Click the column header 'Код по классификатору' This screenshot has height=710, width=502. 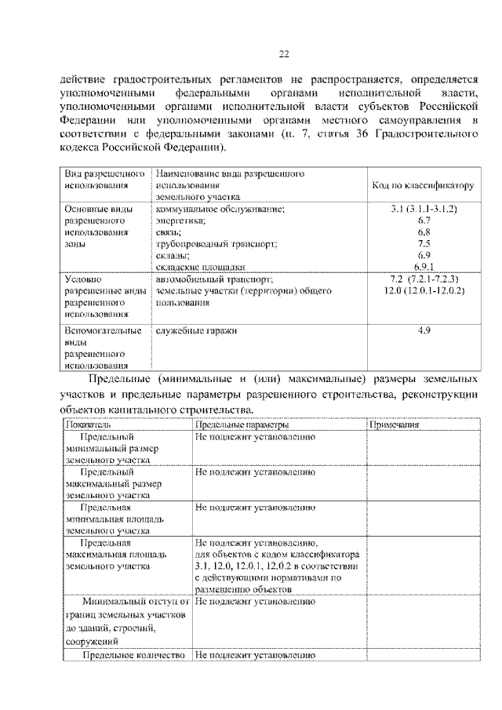tap(423, 187)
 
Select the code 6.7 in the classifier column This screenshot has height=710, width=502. tap(424, 221)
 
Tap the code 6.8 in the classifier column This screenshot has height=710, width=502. tap(424, 233)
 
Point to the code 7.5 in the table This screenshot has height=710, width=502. tap(424, 244)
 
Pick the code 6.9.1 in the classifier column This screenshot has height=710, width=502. tap(424, 267)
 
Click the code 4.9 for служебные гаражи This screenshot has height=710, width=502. tap(424, 331)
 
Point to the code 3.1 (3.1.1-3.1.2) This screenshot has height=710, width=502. tap(424, 209)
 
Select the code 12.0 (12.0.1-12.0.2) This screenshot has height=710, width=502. tap(424, 291)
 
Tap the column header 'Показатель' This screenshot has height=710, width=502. tap(88, 424)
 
